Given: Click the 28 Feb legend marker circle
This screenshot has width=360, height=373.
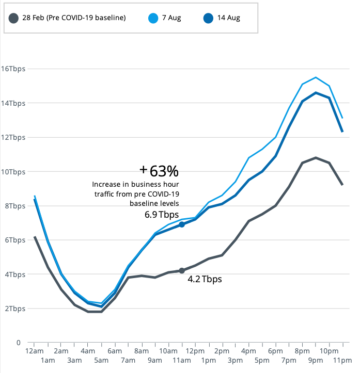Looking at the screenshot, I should (14, 19).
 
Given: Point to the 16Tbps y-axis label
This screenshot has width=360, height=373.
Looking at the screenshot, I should (13, 69).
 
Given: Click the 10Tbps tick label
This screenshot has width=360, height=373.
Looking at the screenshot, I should (13, 171).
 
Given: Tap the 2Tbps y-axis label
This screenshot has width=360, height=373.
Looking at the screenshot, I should (15, 309).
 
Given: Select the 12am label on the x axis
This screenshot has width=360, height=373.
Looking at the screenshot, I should (34, 351).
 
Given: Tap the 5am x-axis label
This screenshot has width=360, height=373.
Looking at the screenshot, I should (101, 360).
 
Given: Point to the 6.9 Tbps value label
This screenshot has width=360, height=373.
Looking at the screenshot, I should (162, 214).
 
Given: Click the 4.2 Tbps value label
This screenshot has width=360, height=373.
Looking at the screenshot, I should (205, 279).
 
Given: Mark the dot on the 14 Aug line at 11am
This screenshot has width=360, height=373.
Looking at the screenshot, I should (182, 224).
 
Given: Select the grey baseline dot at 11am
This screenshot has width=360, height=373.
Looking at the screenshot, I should (182, 270).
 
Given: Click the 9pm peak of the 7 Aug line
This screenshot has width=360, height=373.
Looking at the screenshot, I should (316, 77).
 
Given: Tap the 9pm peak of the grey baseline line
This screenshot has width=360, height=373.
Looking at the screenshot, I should (316, 157).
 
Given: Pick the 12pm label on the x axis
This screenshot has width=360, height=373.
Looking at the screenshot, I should (195, 351).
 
